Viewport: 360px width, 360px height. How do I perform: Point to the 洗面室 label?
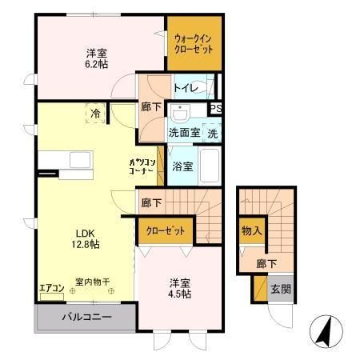[x=183, y=133]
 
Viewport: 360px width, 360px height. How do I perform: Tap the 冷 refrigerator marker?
[x=95, y=114]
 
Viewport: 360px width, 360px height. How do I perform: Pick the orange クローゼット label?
[x=166, y=231]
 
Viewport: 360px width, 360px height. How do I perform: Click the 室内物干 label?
[x=93, y=282]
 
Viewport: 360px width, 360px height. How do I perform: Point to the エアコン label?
[x=51, y=289]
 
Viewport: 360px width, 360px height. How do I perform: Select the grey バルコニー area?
[x=84, y=318]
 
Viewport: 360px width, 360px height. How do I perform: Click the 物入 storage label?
[x=251, y=231]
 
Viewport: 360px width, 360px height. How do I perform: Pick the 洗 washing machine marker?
[x=212, y=133]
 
